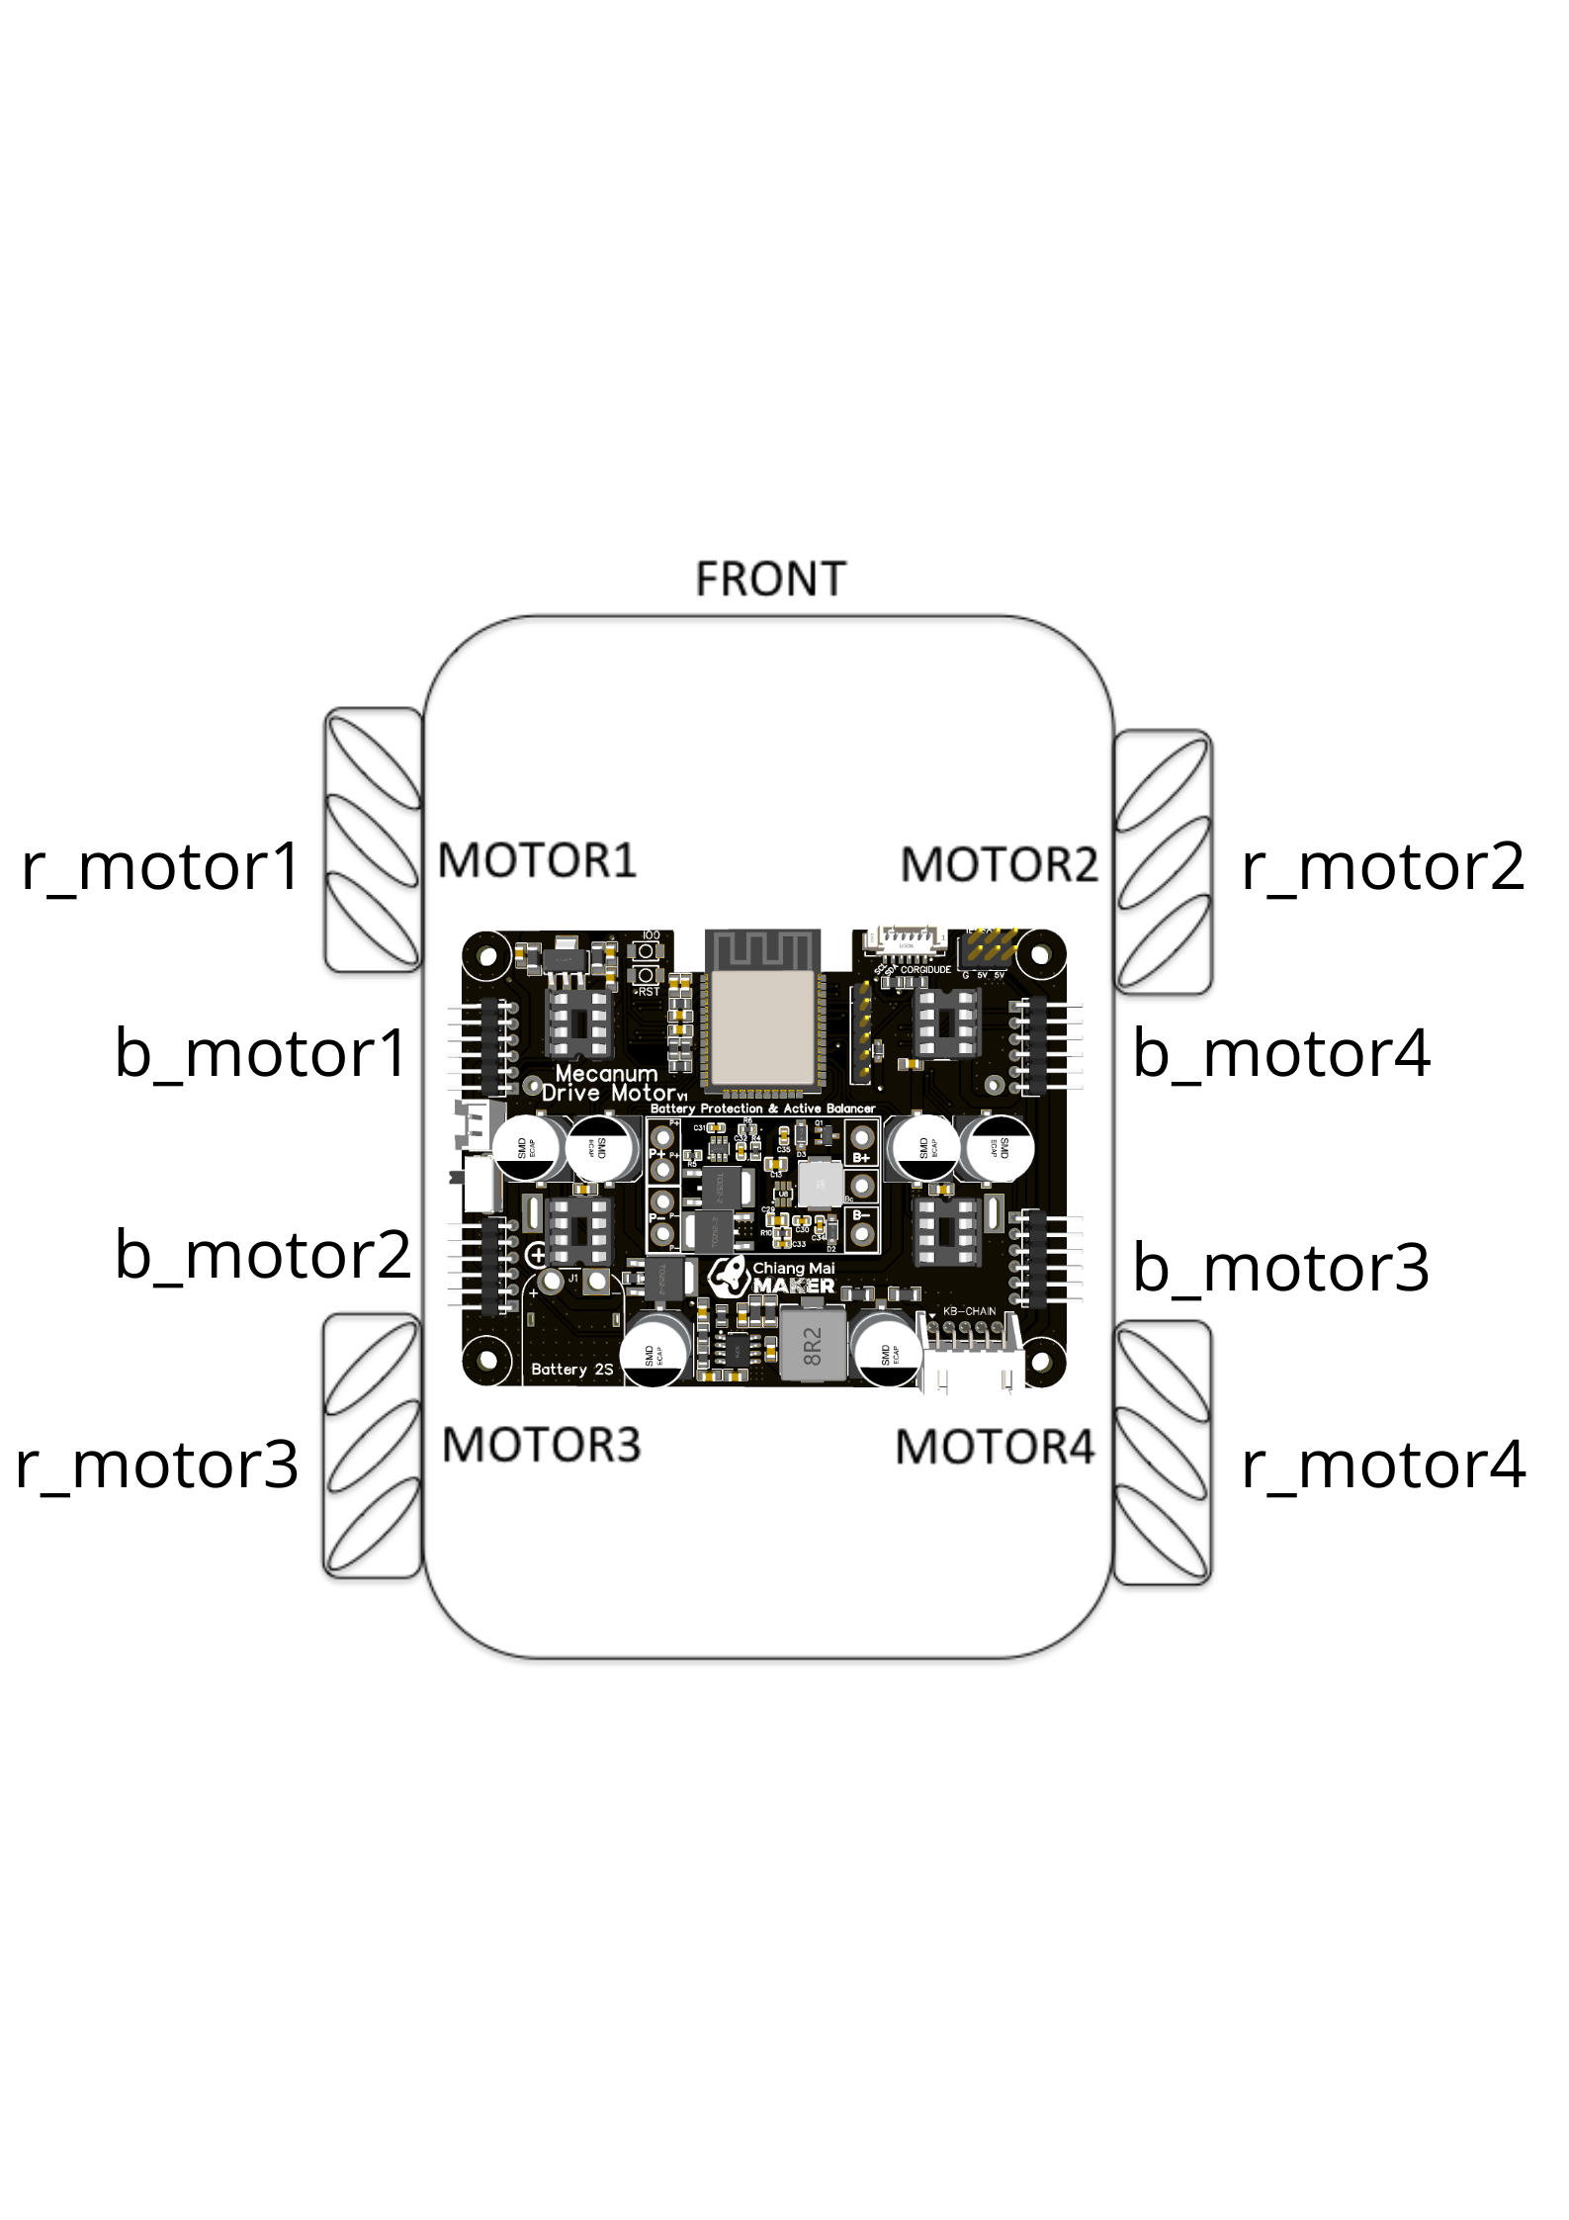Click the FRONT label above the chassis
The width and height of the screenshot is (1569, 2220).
pyautogui.click(x=770, y=579)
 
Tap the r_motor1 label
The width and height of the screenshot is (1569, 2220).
pyautogui.click(x=160, y=866)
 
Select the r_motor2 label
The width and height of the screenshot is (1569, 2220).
pyautogui.click(x=1382, y=866)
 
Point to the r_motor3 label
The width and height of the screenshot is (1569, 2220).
pyautogui.click(x=156, y=1465)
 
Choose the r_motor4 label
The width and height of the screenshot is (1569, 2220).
pyautogui.click(x=1382, y=1465)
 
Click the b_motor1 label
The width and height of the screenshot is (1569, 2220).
pyautogui.click(x=261, y=1052)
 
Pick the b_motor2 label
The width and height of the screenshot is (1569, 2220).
pyautogui.click(x=262, y=1254)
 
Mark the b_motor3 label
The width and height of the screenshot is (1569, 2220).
pyautogui.click(x=1280, y=1267)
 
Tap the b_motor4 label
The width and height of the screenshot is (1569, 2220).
pyautogui.click(x=1280, y=1052)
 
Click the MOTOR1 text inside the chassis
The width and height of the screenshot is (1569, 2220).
pyautogui.click(x=537, y=860)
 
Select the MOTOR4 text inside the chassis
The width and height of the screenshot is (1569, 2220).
pyautogui.click(x=995, y=1448)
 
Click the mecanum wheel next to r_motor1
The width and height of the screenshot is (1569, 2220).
pyautogui.click(x=373, y=839)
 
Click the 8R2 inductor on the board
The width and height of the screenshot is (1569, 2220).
pyautogui.click(x=812, y=1347)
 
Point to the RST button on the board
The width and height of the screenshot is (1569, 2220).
pyautogui.click(x=648, y=976)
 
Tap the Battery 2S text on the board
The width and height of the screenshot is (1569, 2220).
pyautogui.click(x=571, y=1370)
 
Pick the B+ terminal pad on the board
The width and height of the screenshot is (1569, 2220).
pyautogui.click(x=863, y=1137)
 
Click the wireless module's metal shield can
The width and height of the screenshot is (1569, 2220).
pyautogui.click(x=760, y=1028)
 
